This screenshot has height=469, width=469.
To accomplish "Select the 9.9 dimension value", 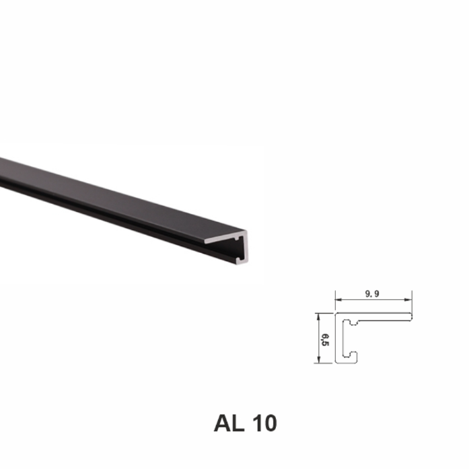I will tap(372, 293).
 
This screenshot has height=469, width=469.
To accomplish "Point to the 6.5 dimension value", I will tap(324, 338).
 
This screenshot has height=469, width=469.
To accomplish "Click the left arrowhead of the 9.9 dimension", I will tap(338, 299).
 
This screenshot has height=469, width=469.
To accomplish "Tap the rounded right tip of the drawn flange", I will tap(410, 316).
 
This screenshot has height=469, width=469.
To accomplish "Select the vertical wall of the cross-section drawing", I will tap(339, 340).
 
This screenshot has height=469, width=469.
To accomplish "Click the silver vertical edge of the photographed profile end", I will tap(245, 249).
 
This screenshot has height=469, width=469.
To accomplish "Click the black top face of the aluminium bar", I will tap(101, 188).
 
